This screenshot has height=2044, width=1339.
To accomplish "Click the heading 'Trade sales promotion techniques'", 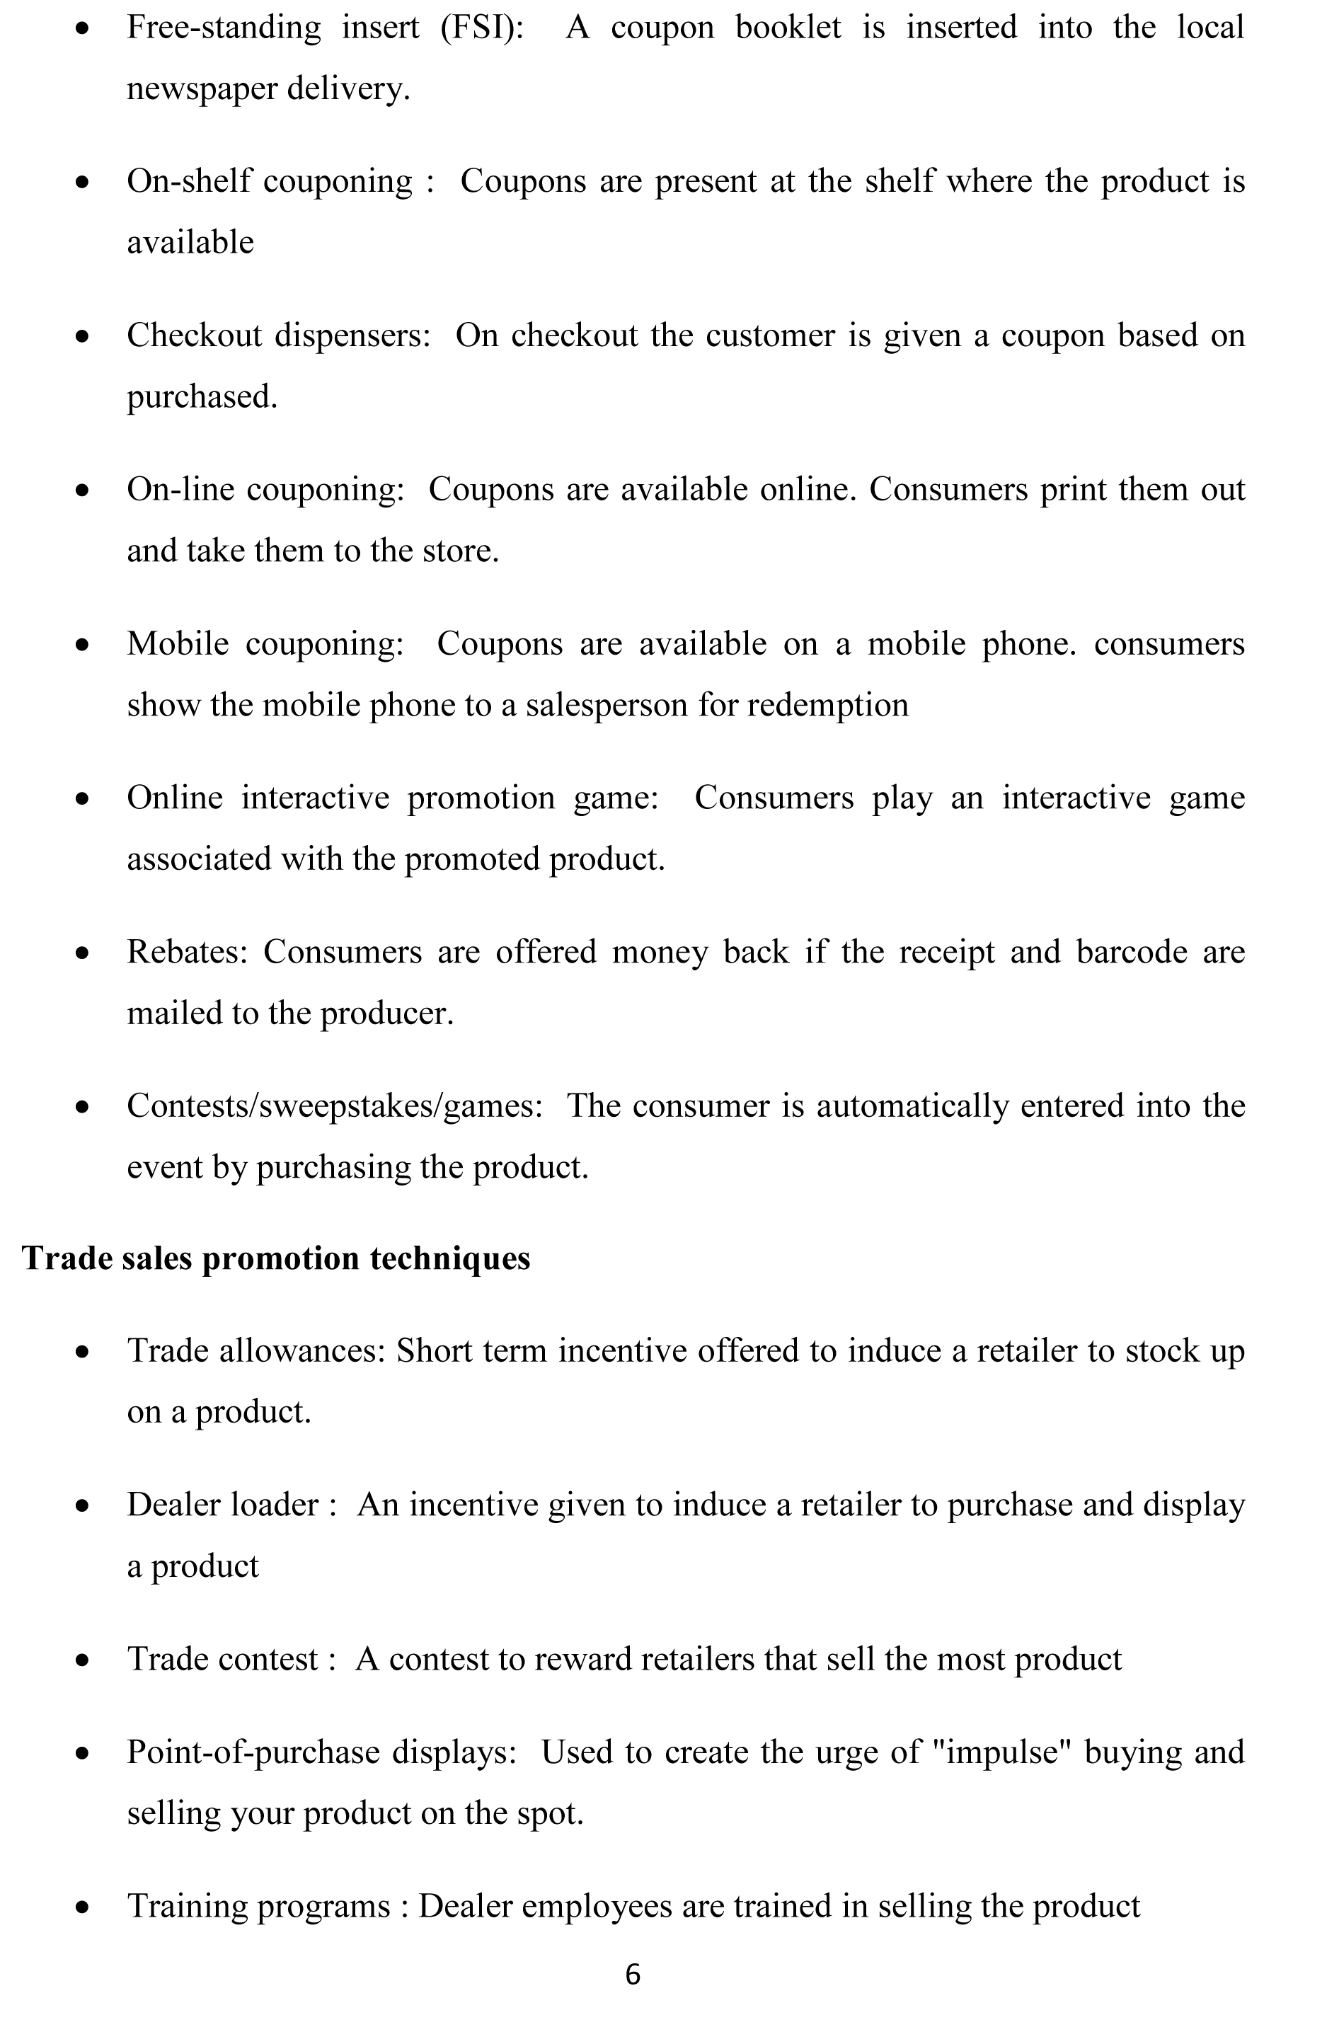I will (x=276, y=1258).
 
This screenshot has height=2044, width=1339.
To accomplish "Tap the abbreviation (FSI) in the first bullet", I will (x=482, y=28).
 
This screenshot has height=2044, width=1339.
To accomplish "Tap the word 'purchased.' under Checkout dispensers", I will (x=202, y=397).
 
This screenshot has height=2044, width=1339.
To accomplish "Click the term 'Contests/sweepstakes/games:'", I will (x=335, y=1106).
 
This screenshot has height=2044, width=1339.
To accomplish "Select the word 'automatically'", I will (x=912, y=1106).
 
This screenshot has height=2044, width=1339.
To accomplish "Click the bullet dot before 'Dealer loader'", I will (x=83, y=1505).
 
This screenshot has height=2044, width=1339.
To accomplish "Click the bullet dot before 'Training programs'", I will (x=83, y=1907).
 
